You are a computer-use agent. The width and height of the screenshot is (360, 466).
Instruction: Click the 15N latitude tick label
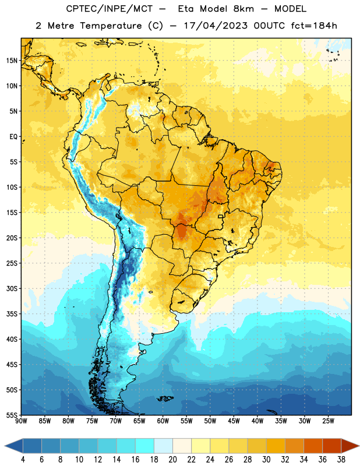click(12, 61)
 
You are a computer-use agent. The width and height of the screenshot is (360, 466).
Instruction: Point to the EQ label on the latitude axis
click(13, 137)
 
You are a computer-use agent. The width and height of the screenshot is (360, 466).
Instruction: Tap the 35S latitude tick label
click(12, 314)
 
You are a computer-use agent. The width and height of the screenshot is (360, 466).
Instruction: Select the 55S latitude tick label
click(12, 415)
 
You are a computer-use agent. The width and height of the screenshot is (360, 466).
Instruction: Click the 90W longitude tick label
click(21, 421)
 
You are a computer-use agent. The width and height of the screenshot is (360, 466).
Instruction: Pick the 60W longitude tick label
click(163, 421)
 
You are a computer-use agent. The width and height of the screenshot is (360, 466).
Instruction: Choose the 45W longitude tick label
click(234, 421)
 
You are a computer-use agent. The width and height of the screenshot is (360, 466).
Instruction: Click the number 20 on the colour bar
click(172, 460)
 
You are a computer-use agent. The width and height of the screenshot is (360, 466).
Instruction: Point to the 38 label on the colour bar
click(341, 460)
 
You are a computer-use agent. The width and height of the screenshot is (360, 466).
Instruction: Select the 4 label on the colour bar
click(23, 460)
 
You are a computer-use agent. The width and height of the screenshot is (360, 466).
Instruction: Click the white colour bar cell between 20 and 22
click(182, 446)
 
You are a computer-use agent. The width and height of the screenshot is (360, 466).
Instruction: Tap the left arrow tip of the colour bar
click(5, 446)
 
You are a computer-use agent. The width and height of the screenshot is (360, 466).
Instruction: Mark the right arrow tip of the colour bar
click(359, 446)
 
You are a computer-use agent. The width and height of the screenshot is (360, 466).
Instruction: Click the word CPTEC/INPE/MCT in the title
click(110, 9)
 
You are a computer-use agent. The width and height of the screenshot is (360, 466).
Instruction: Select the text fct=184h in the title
click(314, 26)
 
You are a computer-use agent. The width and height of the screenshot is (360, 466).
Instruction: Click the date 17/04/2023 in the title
click(216, 26)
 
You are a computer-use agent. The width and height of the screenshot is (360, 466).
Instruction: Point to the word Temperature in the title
click(111, 26)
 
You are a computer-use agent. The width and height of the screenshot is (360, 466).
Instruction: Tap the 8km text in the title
click(243, 9)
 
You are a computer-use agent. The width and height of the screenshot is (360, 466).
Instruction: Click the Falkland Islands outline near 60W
click(165, 398)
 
